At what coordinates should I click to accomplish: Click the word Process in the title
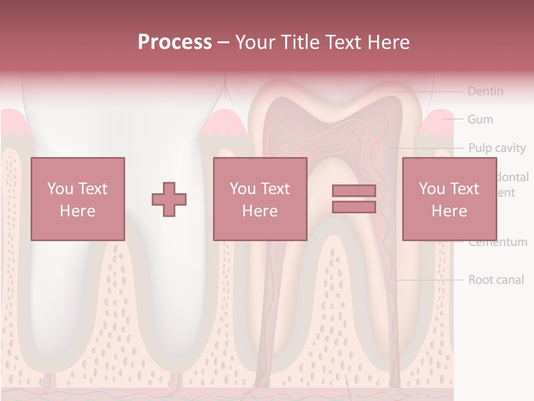coord(175,42)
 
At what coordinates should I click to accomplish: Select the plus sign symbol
coord(169,199)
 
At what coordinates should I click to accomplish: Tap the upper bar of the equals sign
coord(354,191)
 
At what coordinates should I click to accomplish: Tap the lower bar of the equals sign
coord(354,207)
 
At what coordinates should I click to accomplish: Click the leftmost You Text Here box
coord(77,199)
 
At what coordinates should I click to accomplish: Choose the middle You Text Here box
coord(260,199)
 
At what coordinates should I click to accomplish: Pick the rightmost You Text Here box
coord(449,199)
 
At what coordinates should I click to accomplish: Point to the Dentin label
coord(485,91)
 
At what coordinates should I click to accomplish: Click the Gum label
coord(480,119)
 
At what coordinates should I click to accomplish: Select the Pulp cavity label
coord(496,148)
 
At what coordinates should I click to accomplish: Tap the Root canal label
coord(496,280)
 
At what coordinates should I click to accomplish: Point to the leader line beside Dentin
coord(428,91)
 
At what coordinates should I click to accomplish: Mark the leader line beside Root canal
coord(428,280)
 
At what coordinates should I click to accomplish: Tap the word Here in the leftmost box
coord(77,211)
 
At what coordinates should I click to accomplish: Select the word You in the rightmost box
coord(432,189)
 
